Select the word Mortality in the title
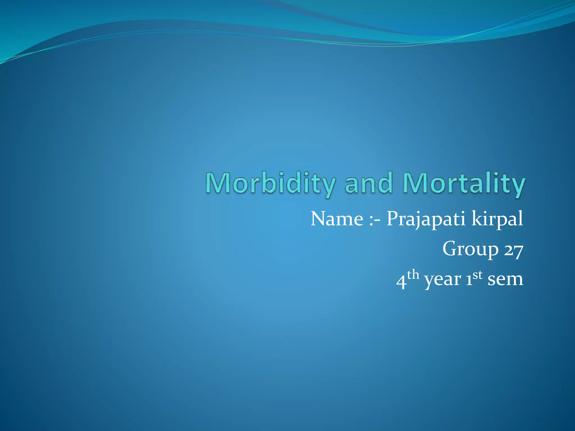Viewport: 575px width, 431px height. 464,184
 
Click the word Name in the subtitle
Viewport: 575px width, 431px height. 337,219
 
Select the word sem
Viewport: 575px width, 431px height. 505,280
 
